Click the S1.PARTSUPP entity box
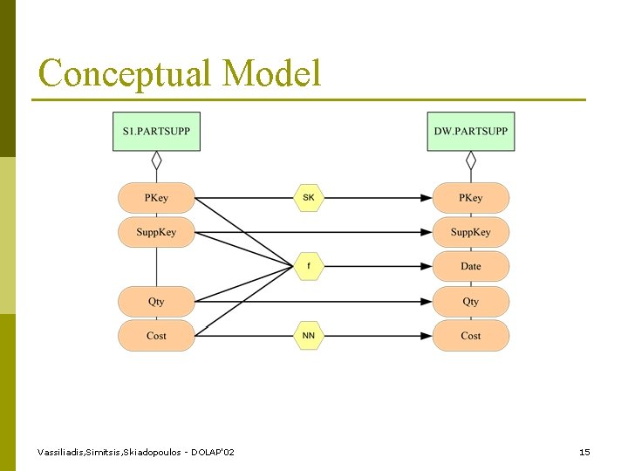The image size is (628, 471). point(156,132)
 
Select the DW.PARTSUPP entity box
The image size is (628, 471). point(470,132)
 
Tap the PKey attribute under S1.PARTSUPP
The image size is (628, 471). point(156,198)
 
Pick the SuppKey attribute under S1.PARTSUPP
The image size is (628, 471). point(156,232)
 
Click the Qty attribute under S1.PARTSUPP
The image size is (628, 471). point(156,302)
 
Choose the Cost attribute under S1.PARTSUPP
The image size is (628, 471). point(156,336)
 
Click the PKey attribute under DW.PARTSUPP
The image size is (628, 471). point(470,198)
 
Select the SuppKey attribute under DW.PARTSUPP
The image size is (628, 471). point(470,232)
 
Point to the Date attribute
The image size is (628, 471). point(470,266)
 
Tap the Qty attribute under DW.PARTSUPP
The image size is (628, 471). point(470,302)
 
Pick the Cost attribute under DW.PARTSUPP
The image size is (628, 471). point(470,336)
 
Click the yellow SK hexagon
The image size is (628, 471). point(309,198)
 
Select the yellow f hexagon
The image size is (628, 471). point(309,266)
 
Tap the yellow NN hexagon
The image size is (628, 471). point(309,336)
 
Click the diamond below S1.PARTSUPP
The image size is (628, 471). point(156,160)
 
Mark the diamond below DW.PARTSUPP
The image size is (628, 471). point(470,160)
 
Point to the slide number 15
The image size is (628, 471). point(584,452)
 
